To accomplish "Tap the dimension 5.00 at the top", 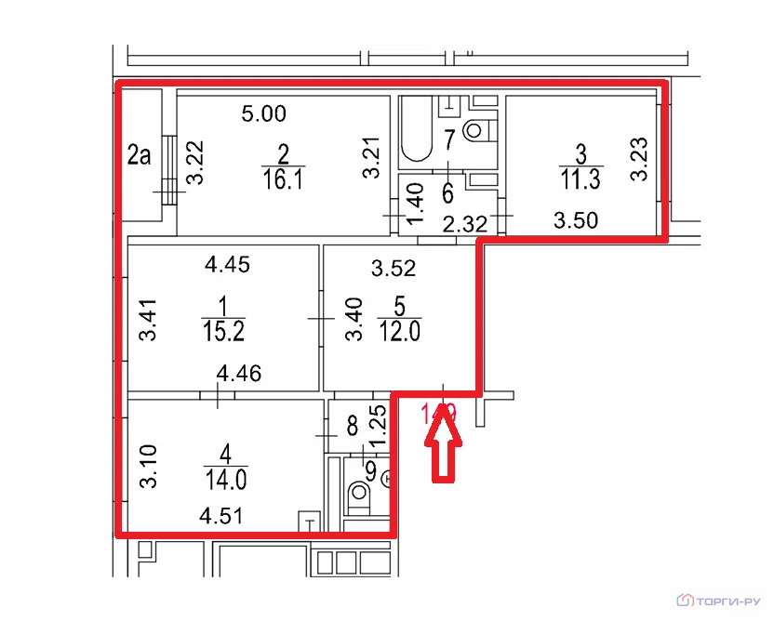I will (264, 114).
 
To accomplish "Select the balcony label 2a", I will (139, 154).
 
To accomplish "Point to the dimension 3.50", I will (577, 220).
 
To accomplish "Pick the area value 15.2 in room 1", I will (220, 330).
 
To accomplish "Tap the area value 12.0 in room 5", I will (400, 330).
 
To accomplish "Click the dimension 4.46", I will (239, 375).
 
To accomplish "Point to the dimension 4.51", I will (220, 515).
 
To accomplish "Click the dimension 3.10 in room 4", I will (147, 467).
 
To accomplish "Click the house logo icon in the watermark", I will (687, 597).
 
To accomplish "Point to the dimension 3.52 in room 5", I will (394, 270).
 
